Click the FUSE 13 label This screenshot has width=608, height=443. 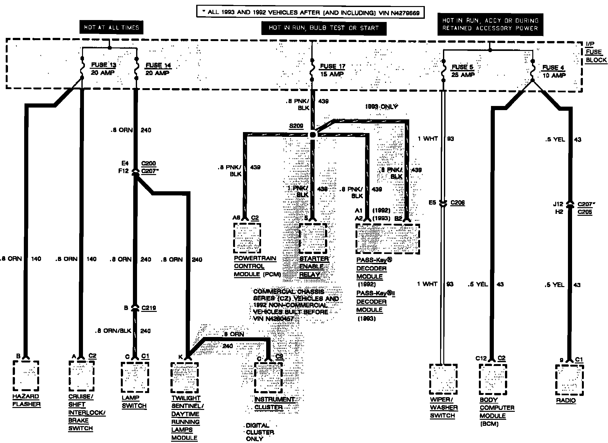coord(104,65)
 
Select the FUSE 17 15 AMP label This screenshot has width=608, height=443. coord(332,70)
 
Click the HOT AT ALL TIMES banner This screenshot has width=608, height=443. coord(111,28)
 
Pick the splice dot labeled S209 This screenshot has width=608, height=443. coord(313,135)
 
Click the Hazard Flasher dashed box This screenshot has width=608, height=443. coord(26,376)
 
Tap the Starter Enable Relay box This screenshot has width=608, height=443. coord(313,238)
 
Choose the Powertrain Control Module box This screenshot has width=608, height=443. coord(247,238)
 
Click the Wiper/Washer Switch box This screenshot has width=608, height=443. coord(443,379)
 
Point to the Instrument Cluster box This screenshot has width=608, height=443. coord(268,377)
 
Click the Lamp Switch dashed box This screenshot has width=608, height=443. coord(135,377)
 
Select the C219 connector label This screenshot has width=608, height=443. coord(149,308)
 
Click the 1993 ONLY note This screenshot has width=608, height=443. coord(381,107)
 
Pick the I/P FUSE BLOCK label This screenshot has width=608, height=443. coord(595,52)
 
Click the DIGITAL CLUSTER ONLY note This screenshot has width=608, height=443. coord(260,432)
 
